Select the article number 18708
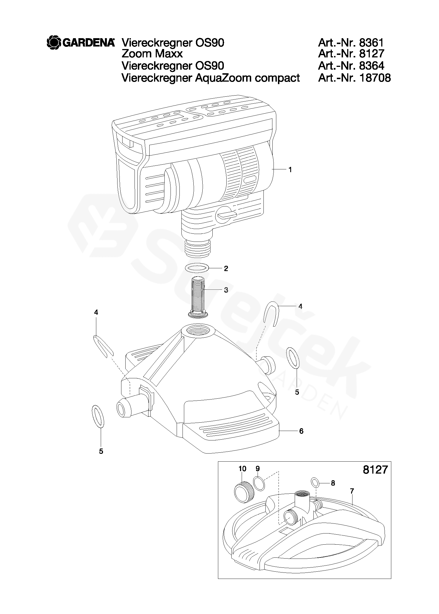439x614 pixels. pyautogui.click(x=375, y=78)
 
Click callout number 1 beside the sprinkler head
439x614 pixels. pyautogui.click(x=290, y=169)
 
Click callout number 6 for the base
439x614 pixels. pyautogui.click(x=301, y=431)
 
